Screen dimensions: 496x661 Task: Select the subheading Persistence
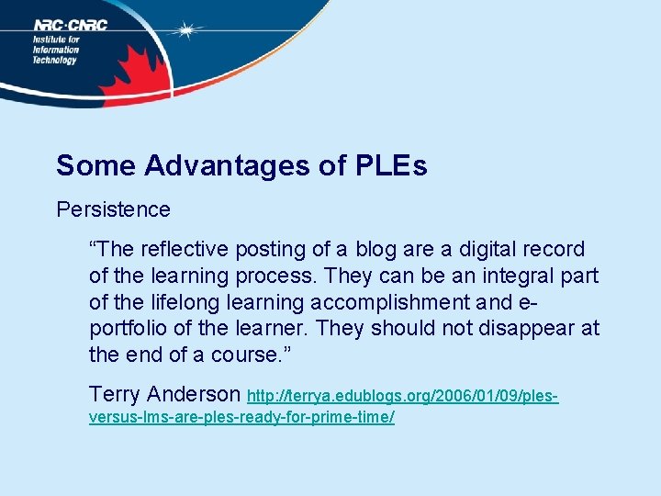(x=113, y=209)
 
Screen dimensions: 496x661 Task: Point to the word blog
(x=377, y=250)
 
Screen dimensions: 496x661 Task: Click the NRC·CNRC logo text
(x=70, y=26)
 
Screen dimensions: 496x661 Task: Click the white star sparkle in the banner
(x=187, y=31)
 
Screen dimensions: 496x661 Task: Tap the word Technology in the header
(x=56, y=60)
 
